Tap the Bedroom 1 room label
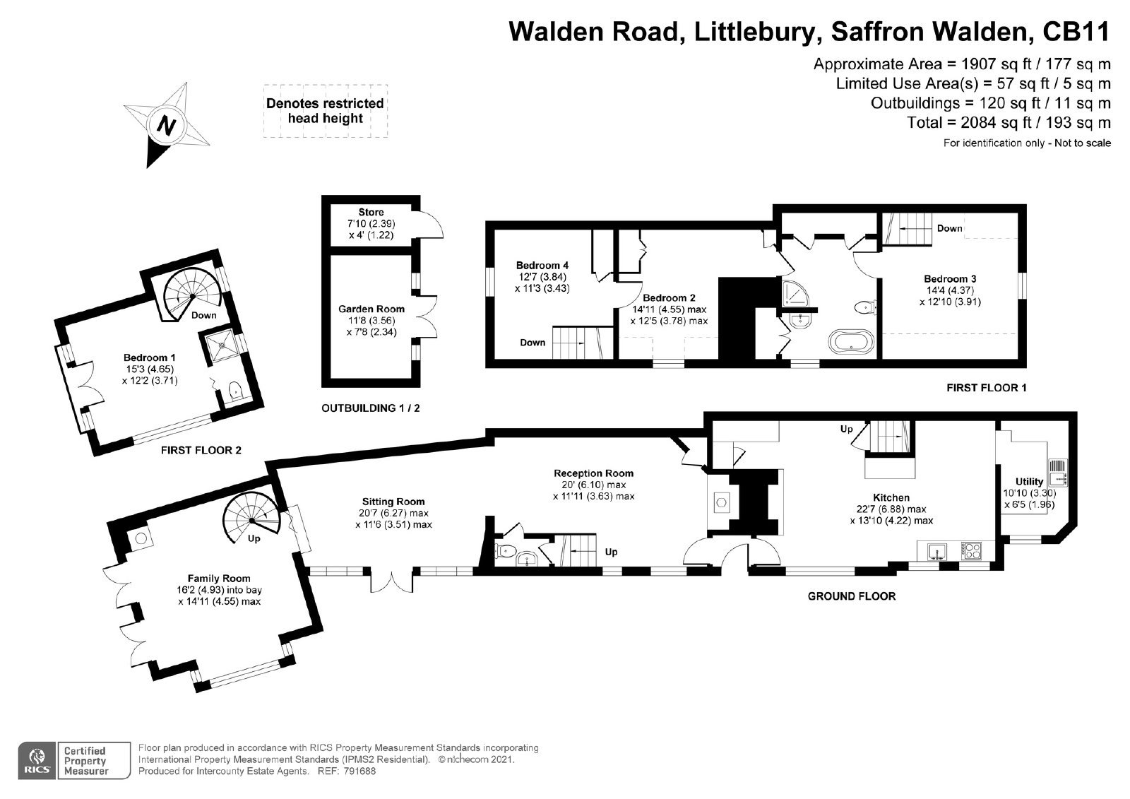point(149,357)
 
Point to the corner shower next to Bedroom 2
point(795,293)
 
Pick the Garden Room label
point(371,309)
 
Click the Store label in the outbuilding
point(371,212)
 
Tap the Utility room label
point(1029,482)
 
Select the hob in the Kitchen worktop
point(970,550)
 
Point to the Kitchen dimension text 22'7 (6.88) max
point(891,509)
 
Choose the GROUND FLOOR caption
point(852,596)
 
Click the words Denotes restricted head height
point(326,110)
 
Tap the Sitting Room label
point(393,502)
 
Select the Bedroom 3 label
point(950,278)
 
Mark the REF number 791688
point(359,771)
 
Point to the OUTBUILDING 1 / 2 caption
point(371,408)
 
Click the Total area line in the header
point(1009,123)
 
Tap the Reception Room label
point(594,473)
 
